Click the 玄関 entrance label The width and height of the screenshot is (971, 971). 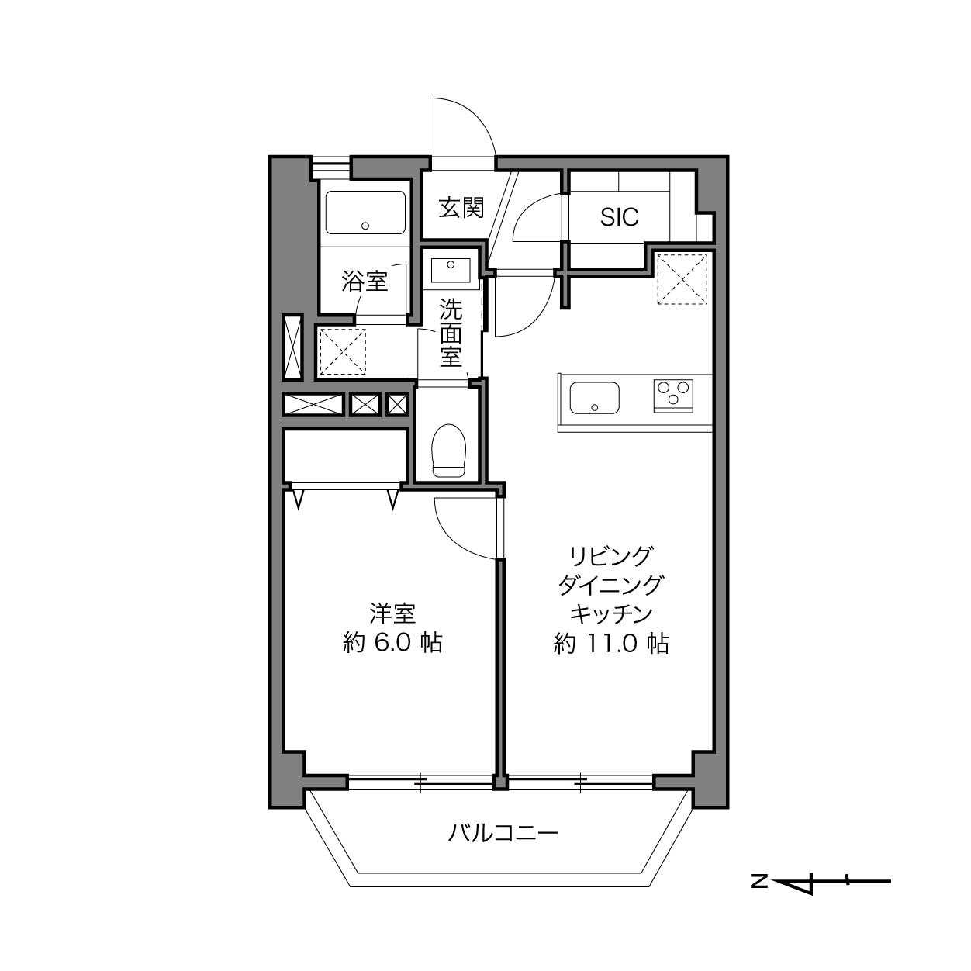point(461,208)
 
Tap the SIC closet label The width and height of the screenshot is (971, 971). point(619,217)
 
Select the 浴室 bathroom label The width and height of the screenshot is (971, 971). point(365,281)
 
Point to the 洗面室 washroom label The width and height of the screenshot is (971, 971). point(451,333)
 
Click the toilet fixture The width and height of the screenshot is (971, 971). point(449,450)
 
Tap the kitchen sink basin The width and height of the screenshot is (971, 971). point(595,398)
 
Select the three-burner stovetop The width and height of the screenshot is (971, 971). point(673,396)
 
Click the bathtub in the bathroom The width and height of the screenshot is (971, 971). point(365,213)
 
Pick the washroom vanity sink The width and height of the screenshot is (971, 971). point(451,271)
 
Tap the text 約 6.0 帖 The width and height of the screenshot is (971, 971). point(392,643)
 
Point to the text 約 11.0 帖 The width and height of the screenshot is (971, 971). point(611,644)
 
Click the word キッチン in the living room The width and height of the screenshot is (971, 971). point(611,613)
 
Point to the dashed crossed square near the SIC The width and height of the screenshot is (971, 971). point(682,279)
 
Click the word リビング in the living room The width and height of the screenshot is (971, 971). point(611,556)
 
